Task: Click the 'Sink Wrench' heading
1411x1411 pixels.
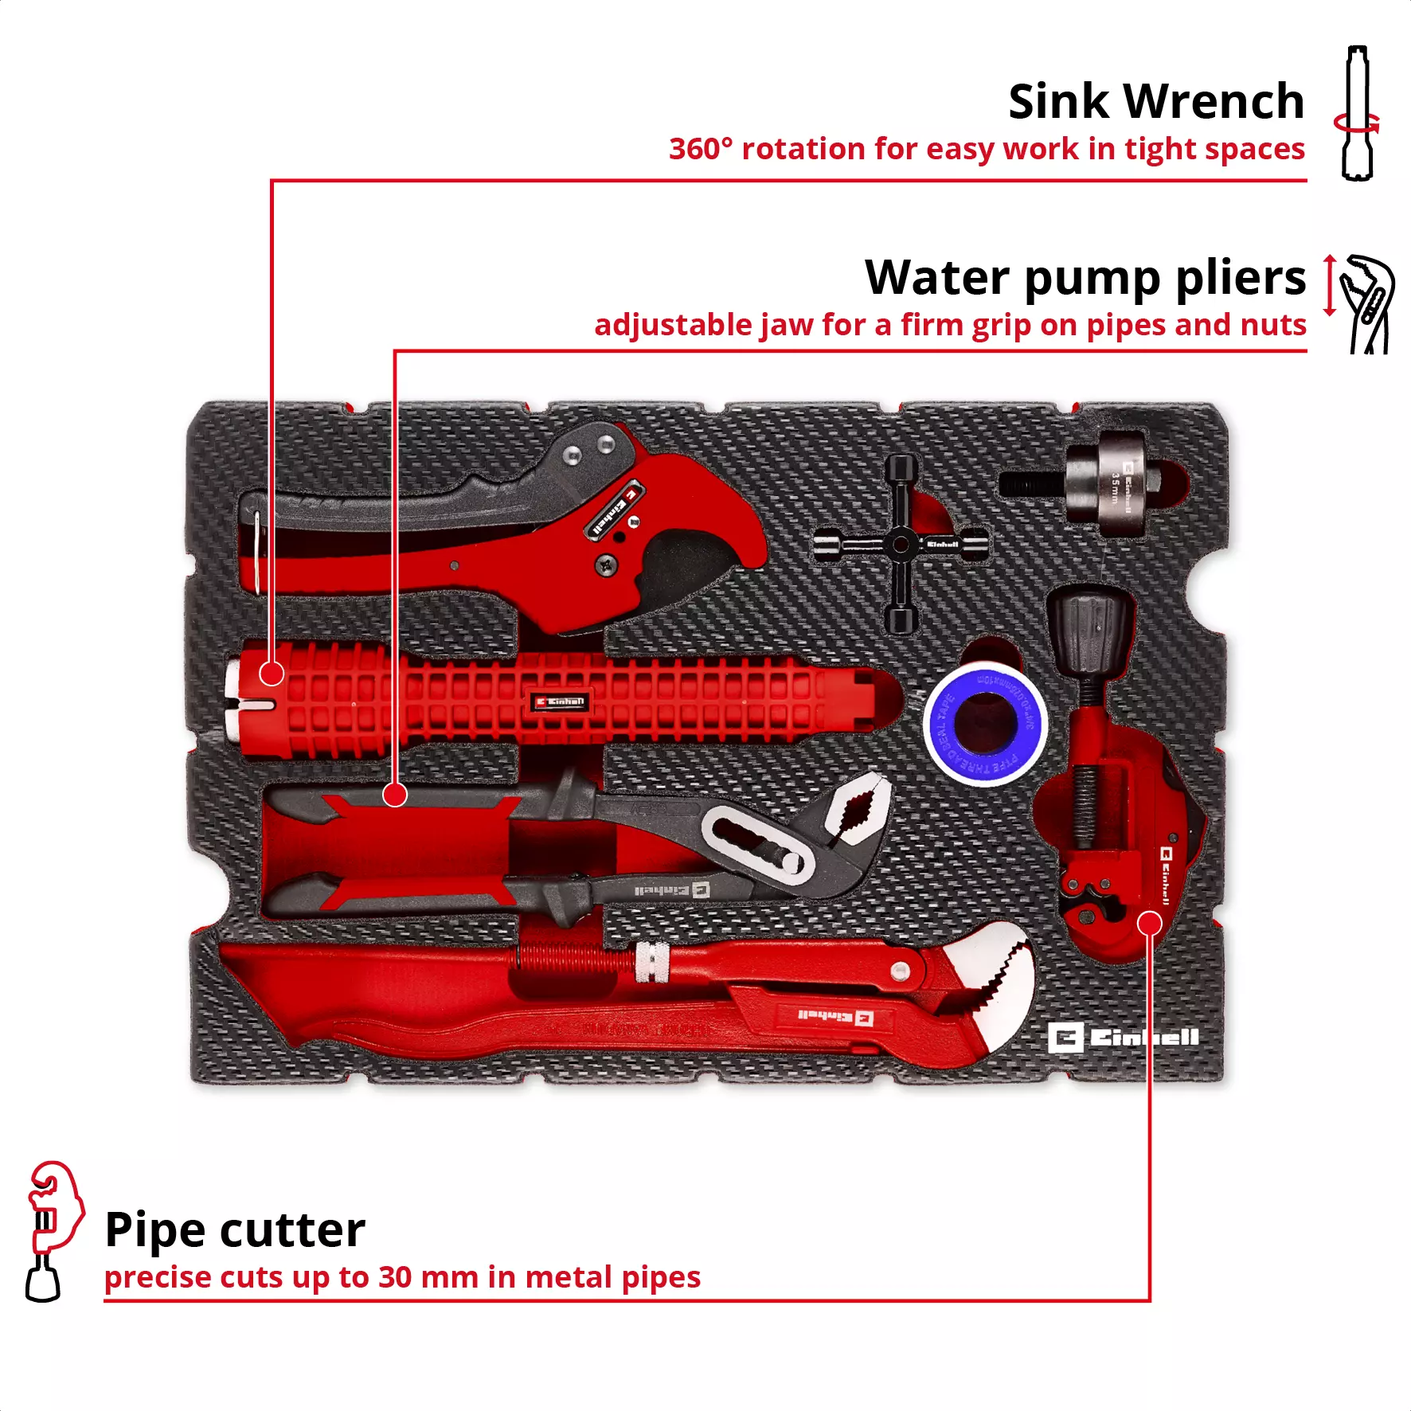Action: pos(1155,102)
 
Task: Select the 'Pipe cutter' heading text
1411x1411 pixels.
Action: pos(235,1230)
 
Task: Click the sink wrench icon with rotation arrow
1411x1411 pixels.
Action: pos(1358,114)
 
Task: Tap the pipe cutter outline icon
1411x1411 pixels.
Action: pos(49,1229)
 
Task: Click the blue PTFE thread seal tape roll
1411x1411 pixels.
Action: pos(985,723)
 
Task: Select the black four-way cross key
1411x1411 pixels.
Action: pos(901,544)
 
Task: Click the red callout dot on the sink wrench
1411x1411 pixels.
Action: pos(272,674)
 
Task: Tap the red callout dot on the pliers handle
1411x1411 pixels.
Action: pos(395,794)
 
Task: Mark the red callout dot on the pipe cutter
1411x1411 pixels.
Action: pos(1150,924)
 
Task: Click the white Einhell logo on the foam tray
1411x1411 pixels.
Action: pos(1123,1038)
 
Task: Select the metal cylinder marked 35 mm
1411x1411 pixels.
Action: pos(1115,483)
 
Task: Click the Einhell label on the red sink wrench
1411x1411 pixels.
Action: pos(561,702)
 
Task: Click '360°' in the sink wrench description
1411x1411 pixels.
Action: pos(700,149)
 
